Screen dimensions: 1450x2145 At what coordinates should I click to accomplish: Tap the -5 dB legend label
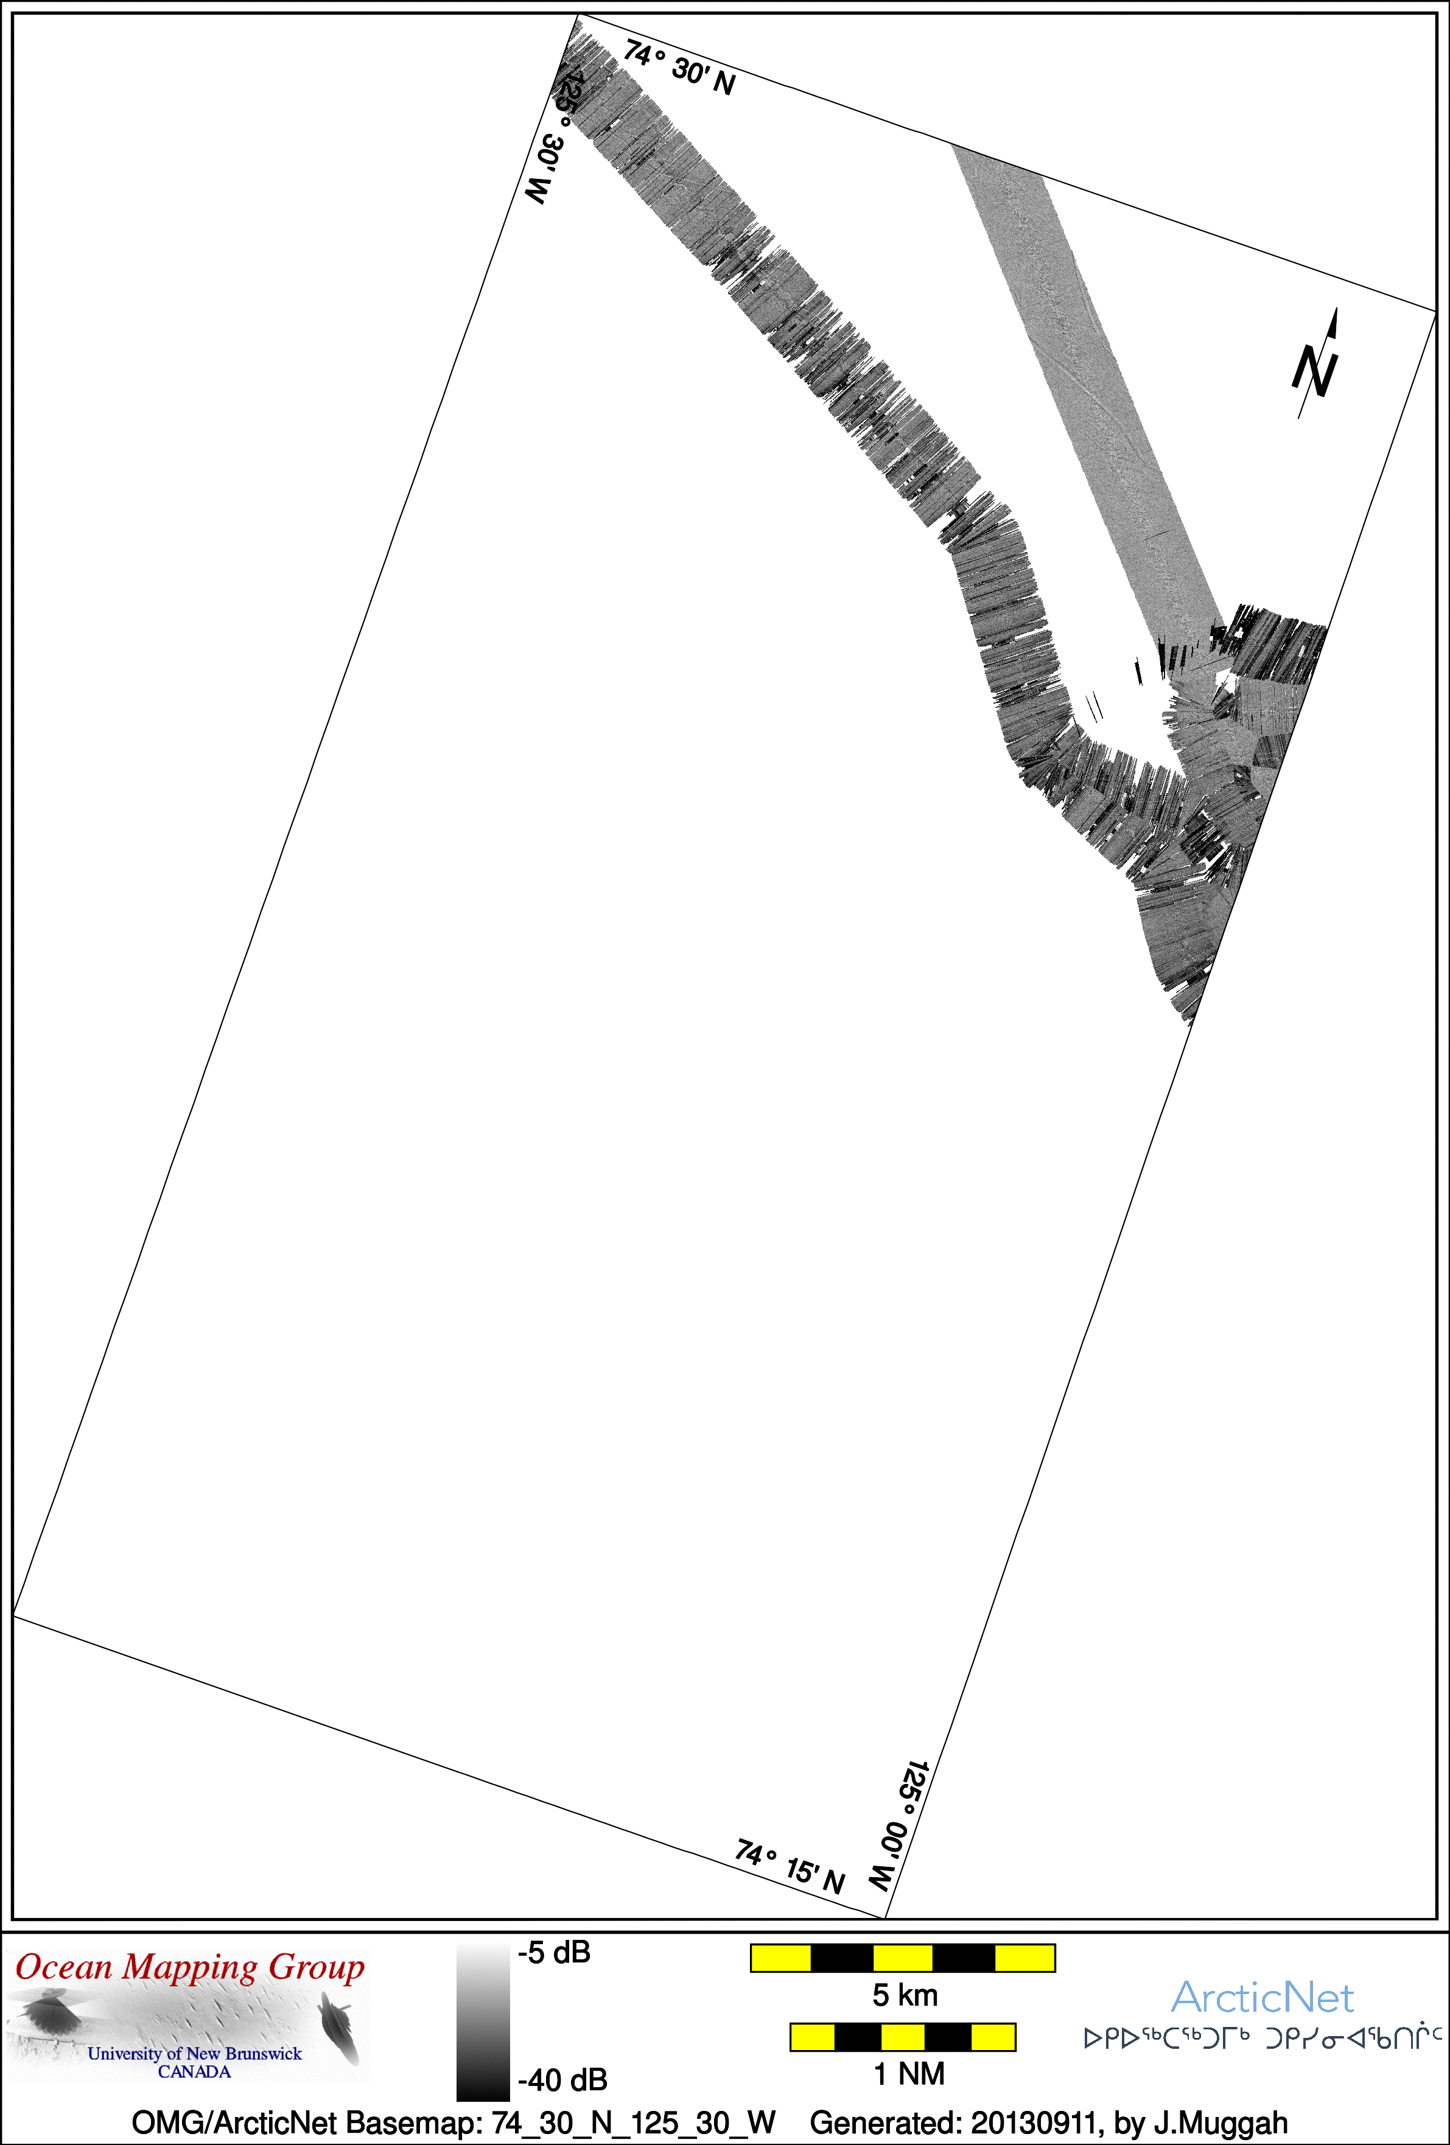tap(554, 1952)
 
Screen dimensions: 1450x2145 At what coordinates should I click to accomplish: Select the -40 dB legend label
tap(562, 2079)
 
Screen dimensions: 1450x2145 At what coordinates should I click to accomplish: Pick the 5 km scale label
tap(905, 1995)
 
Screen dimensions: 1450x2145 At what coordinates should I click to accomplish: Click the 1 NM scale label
tap(908, 2074)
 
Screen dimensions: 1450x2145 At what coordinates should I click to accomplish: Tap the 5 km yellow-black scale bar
tap(903, 1958)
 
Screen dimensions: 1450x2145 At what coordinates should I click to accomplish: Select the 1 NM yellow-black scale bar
tap(903, 2037)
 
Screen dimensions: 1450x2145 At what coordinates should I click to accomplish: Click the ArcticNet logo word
tap(1262, 1998)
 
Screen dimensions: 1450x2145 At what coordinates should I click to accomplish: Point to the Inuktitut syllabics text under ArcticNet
tap(1263, 2038)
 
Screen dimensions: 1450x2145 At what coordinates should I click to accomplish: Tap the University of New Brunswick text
tap(195, 2054)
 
